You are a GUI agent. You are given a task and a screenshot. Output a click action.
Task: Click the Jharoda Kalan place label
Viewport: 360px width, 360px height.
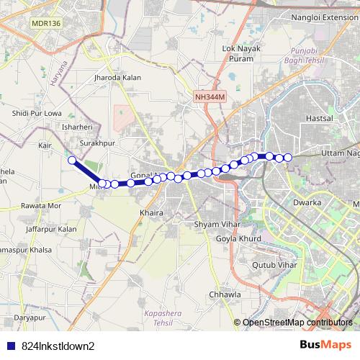coord(117,77)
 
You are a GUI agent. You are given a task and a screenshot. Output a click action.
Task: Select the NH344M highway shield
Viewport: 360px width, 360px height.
coord(210,96)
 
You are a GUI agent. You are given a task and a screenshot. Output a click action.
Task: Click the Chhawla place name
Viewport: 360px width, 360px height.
coord(223,294)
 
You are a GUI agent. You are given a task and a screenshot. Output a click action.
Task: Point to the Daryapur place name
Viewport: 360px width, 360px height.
coord(29,317)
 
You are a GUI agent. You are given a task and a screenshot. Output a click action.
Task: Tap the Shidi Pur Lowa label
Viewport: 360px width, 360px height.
coord(35,113)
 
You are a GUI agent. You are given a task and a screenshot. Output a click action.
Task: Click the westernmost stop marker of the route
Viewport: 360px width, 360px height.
coord(72,160)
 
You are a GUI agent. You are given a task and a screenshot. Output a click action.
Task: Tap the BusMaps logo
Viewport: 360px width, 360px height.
coord(331,345)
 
